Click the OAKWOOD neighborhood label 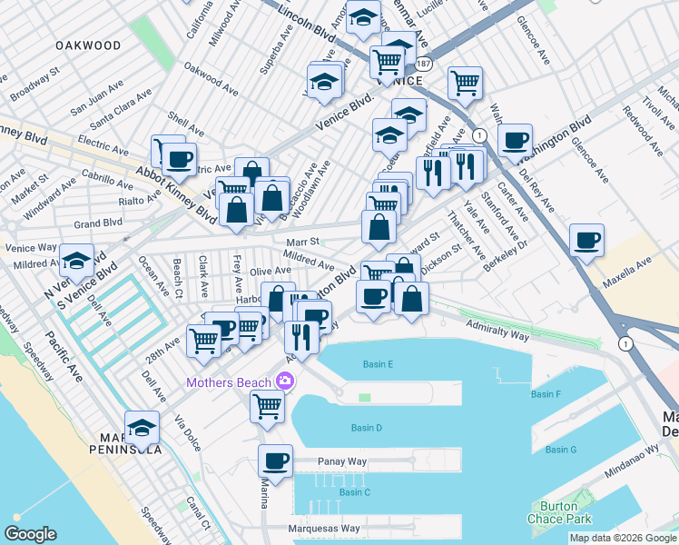(x=88, y=45)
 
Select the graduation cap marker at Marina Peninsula (x=142, y=427)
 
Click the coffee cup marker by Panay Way (x=275, y=461)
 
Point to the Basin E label (x=378, y=364)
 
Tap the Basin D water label (x=366, y=428)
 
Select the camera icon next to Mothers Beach (x=285, y=381)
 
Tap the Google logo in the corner (x=31, y=533)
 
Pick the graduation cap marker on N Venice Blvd (x=77, y=260)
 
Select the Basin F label (x=546, y=394)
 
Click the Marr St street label (x=303, y=242)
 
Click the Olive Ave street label (x=271, y=272)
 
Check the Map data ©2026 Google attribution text (x=623, y=538)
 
